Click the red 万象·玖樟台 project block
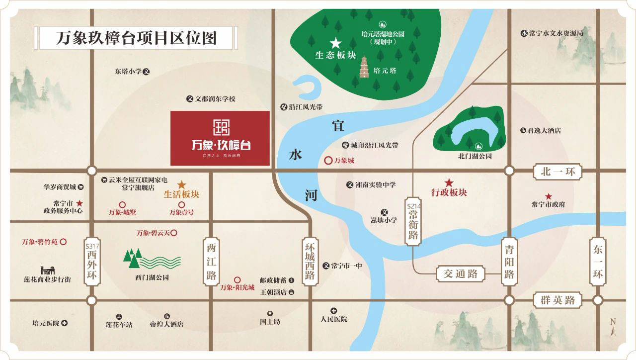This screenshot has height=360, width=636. pyautogui.click(x=220, y=138)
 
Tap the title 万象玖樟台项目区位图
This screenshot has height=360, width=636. pyautogui.click(x=136, y=38)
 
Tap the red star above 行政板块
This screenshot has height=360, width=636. pyautogui.click(x=449, y=182)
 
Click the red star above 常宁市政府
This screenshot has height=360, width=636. pyautogui.click(x=549, y=196)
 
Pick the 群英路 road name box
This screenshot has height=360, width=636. pyautogui.click(x=557, y=300)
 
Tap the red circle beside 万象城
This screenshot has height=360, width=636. pyautogui.click(x=328, y=161)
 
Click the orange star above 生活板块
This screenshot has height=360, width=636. pyautogui.click(x=182, y=184)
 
